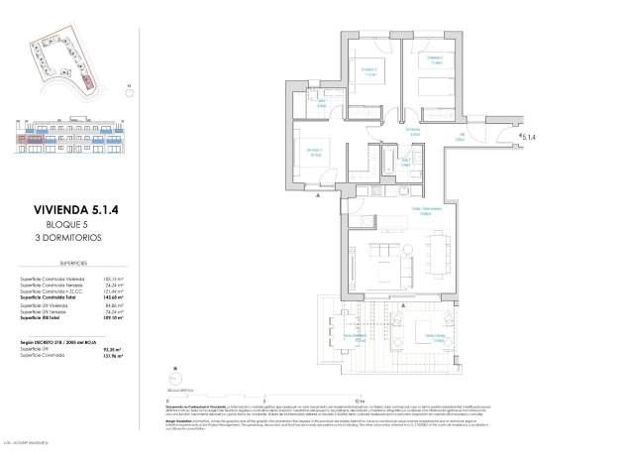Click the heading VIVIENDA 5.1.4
tap(69, 210)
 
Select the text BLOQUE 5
tap(69, 225)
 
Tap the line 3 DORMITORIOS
tap(69, 238)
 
